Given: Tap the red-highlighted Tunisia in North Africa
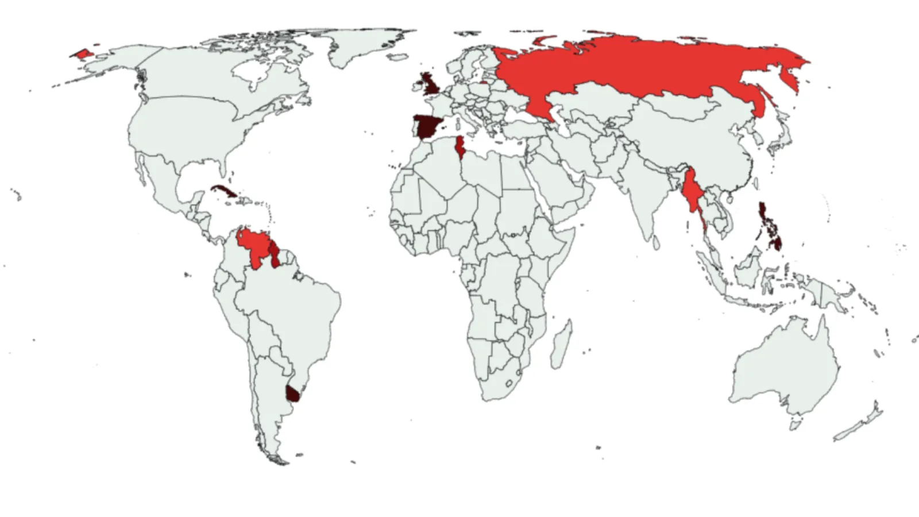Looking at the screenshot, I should (459, 147).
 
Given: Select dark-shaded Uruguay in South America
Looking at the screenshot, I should (293, 393).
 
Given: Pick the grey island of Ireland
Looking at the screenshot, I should (415, 87).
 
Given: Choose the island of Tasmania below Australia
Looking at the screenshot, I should (795, 425).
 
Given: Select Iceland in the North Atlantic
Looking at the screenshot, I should (397, 57).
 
